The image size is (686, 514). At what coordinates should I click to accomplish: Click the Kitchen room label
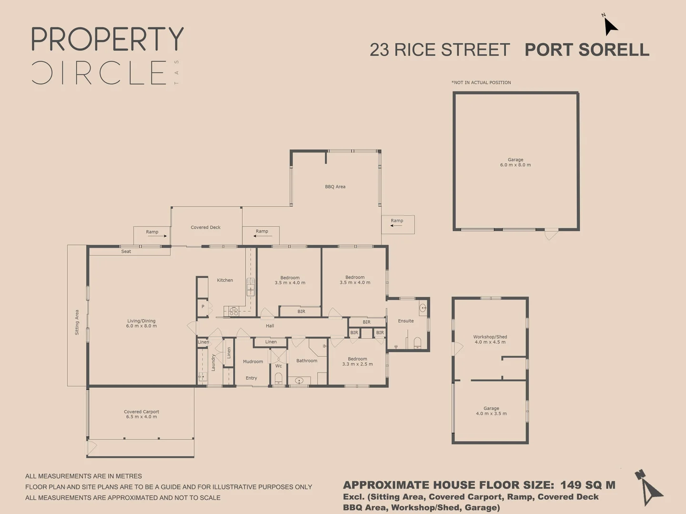pyautogui.click(x=225, y=280)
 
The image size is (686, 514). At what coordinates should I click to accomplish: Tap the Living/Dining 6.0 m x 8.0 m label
pyautogui.click(x=141, y=324)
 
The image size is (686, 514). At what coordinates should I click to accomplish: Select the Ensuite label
pyautogui.click(x=406, y=321)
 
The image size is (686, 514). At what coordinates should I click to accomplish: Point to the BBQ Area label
pyautogui.click(x=335, y=187)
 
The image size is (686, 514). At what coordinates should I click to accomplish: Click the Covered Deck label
pyautogui.click(x=206, y=227)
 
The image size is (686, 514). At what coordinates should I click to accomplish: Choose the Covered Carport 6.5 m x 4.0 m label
pyautogui.click(x=141, y=415)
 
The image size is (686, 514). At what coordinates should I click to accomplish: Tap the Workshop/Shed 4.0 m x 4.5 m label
pyautogui.click(x=490, y=339)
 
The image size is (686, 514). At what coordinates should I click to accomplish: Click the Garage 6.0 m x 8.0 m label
pyautogui.click(x=515, y=163)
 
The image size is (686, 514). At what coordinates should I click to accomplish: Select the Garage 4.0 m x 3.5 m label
pyautogui.click(x=491, y=411)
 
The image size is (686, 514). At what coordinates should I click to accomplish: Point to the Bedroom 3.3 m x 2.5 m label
pyautogui.click(x=357, y=362)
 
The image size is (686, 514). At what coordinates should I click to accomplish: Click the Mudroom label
pyautogui.click(x=253, y=362)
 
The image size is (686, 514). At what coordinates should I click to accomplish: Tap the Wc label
pyautogui.click(x=279, y=366)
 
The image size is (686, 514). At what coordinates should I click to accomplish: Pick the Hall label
pyautogui.click(x=270, y=326)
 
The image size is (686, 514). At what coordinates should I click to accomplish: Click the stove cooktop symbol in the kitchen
pyautogui.click(x=233, y=312)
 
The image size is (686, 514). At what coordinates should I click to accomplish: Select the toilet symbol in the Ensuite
pyautogui.click(x=418, y=342)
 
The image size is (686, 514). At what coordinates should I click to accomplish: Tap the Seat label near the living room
pyautogui.click(x=126, y=252)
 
